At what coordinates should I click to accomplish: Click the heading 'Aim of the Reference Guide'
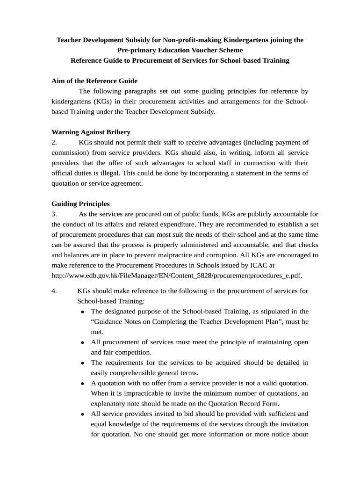[x=94, y=81]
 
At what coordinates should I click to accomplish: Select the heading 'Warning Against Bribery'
[x=91, y=132]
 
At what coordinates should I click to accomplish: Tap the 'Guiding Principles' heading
[x=80, y=204]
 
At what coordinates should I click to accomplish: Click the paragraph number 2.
[x=54, y=142]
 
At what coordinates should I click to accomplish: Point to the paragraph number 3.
[x=54, y=214]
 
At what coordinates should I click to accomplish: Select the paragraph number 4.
[x=54, y=291]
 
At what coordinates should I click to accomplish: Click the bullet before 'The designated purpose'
[x=83, y=312]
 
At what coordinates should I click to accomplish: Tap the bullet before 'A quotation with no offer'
[x=83, y=384]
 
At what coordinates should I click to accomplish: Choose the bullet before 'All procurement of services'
[x=83, y=342]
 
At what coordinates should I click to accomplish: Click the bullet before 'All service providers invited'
[x=83, y=414]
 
